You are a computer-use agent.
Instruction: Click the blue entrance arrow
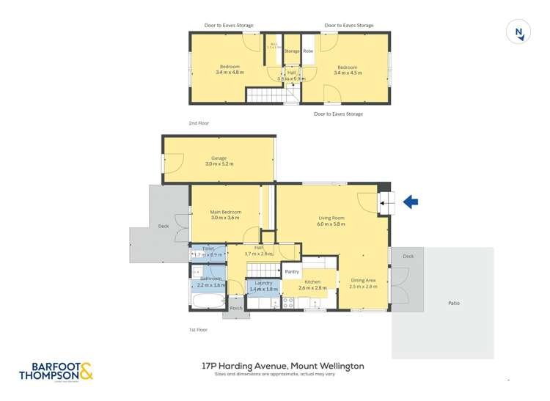coord(411,202)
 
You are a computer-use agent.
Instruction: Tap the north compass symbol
coord(518,32)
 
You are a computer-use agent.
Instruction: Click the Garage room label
coord(219,158)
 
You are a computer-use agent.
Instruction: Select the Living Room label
coord(331,217)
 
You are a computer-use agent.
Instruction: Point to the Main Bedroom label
coord(225,212)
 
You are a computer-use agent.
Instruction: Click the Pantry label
coord(292,272)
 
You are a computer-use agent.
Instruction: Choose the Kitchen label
coord(312,282)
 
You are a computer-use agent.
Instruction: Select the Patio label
coord(455,302)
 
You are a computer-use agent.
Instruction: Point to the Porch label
coord(236,308)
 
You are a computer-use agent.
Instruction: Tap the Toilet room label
coord(207,249)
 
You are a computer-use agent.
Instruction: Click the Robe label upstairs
coord(308,51)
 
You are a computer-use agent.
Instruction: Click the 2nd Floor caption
coord(199,123)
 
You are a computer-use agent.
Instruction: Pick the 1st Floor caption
coord(199,330)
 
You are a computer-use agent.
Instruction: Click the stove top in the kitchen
coord(288,301)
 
